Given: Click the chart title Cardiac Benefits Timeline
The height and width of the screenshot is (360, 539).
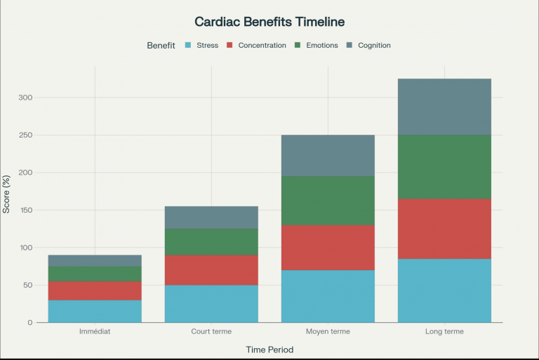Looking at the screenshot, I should point(269,22).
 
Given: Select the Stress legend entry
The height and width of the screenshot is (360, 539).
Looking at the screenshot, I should point(201,46).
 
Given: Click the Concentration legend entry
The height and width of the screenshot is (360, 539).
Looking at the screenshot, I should point(256,46).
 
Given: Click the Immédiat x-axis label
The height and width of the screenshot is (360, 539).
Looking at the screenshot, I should point(95,331).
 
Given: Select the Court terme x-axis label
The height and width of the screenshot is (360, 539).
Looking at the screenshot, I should point(211,331).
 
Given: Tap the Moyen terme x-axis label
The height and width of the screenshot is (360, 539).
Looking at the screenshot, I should point(328,331).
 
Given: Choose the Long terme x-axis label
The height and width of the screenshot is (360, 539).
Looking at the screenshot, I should point(444,331).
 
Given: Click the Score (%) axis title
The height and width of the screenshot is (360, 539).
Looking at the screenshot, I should point(7,194).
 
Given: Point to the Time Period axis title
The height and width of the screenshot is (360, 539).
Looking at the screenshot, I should point(269,349).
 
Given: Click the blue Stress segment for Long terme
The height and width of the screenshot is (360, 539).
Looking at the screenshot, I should point(444,291).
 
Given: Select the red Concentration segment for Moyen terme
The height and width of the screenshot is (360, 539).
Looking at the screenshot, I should point(328,248).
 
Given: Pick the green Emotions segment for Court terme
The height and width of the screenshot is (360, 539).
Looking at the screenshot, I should point(211,241).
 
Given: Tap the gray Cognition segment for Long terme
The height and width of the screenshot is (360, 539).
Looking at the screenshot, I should point(444,107).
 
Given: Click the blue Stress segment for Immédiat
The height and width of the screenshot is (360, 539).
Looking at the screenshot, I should point(95,311).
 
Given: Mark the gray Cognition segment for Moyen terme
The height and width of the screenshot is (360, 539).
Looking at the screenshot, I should point(328,155).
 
